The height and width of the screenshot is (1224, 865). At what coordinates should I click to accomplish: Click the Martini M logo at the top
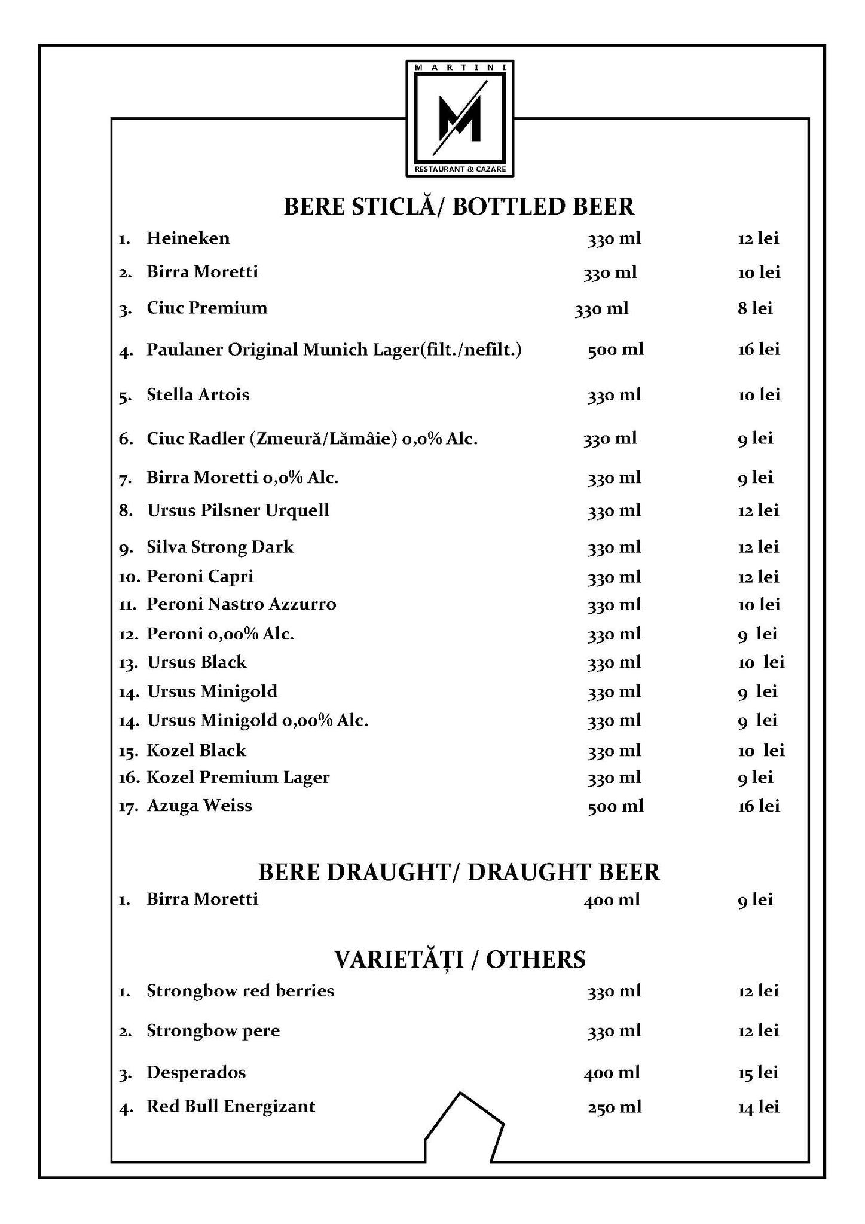(x=459, y=118)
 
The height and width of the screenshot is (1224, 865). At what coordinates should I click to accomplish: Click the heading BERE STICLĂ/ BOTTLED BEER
(x=459, y=207)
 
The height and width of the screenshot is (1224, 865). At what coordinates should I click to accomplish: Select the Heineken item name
(x=188, y=238)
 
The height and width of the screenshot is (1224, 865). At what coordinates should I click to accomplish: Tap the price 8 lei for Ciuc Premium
(x=755, y=308)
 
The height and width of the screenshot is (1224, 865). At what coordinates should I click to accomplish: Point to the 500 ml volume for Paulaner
(x=615, y=350)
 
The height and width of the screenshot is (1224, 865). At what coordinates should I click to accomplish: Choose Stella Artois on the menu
(x=198, y=395)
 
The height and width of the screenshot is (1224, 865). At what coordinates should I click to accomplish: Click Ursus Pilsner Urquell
(x=238, y=510)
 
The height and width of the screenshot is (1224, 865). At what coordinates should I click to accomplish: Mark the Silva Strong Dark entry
(x=220, y=547)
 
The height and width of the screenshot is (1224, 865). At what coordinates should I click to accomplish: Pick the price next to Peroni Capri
(x=759, y=577)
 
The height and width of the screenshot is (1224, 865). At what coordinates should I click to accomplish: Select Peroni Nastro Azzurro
(x=242, y=604)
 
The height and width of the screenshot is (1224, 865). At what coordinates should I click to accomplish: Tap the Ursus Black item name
(x=197, y=662)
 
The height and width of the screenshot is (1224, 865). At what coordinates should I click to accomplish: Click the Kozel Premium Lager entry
(x=238, y=778)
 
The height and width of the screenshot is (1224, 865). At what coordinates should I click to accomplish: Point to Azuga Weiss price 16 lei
(x=759, y=806)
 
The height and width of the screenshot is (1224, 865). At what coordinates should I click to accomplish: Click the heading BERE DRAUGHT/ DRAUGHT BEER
(x=459, y=873)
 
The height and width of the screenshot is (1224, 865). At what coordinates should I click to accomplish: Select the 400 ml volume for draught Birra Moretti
(x=612, y=899)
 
